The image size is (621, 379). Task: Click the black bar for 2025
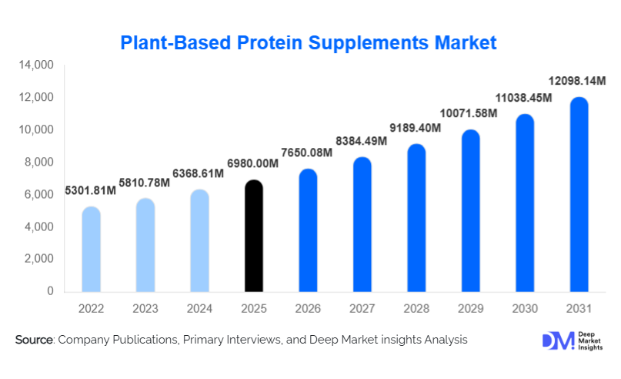[254, 236]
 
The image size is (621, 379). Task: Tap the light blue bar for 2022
[91, 250]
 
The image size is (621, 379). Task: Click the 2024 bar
[199, 241]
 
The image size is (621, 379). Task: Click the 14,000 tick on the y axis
[36, 66]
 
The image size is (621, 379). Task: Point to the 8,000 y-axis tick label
[39, 163]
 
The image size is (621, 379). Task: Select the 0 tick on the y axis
[49, 292]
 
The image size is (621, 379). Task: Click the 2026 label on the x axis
[308, 309]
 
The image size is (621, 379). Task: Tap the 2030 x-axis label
[525, 309]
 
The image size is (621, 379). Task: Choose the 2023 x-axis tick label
[145, 309]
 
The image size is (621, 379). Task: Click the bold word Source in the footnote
[33, 340]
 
